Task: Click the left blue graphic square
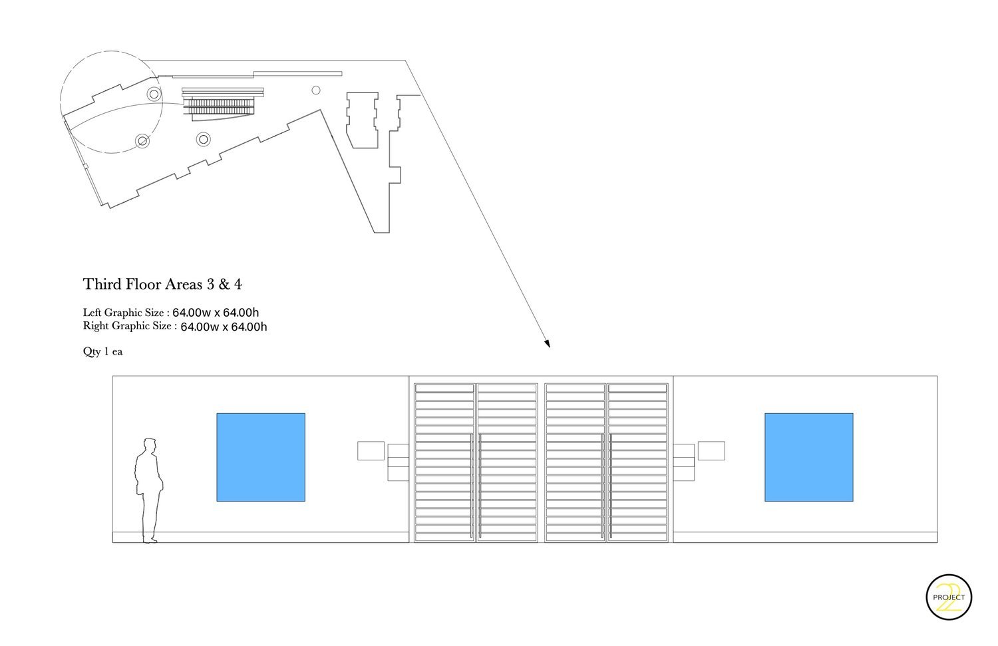261,457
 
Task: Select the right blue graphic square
808,457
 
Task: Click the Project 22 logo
949,597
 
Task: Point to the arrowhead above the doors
547,343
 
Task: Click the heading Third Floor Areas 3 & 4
162,284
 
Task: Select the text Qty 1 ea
102,351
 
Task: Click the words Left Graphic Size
123,312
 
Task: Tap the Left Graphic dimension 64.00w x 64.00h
216,312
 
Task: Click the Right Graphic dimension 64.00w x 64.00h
224,327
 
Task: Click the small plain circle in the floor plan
316,90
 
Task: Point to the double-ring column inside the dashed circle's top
154,94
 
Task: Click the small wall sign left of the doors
371,450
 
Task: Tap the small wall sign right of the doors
711,450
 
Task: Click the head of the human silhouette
150,445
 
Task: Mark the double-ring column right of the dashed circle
204,139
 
